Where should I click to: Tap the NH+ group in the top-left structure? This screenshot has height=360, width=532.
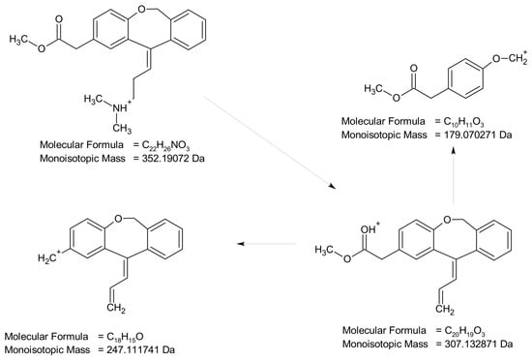point(122,106)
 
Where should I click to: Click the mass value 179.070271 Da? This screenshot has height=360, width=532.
point(478,135)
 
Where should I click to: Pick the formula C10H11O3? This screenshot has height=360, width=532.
point(463,122)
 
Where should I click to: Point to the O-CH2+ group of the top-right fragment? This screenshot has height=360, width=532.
point(510,58)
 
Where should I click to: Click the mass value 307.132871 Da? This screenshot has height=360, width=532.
point(479,344)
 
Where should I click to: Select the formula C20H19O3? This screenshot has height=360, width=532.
point(465,331)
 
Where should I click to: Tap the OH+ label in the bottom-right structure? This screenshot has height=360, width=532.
point(369,228)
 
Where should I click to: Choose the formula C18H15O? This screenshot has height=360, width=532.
point(125,337)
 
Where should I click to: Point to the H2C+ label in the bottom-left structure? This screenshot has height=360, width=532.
point(49,257)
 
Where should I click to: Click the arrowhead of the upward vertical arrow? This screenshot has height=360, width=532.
point(454,151)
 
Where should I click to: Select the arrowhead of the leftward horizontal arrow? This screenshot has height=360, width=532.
point(241,244)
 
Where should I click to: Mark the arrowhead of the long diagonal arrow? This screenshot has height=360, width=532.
point(332,187)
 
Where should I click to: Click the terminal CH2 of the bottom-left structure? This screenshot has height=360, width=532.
point(116,309)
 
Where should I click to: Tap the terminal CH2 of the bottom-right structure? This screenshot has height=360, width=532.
point(445,309)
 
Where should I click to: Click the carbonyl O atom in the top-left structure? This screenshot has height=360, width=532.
point(59,19)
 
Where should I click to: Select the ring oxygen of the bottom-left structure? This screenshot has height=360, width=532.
point(118,218)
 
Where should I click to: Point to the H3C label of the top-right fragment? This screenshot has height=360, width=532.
point(373,89)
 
